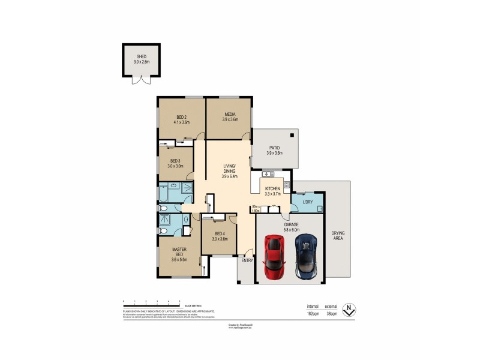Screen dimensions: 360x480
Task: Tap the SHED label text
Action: coord(142,56)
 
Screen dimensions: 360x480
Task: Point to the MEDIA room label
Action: coord(230,114)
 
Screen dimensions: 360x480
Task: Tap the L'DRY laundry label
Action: coord(308,202)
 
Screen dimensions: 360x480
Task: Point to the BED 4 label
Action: coord(219,233)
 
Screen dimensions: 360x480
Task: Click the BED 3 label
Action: coord(175,161)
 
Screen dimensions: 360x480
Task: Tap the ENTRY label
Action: coord(247,260)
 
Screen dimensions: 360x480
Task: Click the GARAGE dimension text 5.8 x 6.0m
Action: coord(292,230)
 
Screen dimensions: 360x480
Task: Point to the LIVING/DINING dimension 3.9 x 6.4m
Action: coord(230,176)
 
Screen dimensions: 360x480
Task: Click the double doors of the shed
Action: coord(142,80)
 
